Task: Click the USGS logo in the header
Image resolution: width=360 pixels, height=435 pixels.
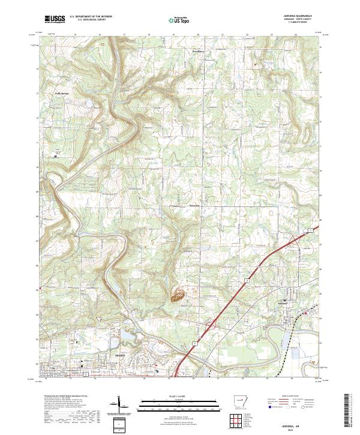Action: (x=55, y=19)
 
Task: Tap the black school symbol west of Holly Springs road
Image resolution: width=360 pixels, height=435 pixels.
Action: (x=56, y=157)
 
